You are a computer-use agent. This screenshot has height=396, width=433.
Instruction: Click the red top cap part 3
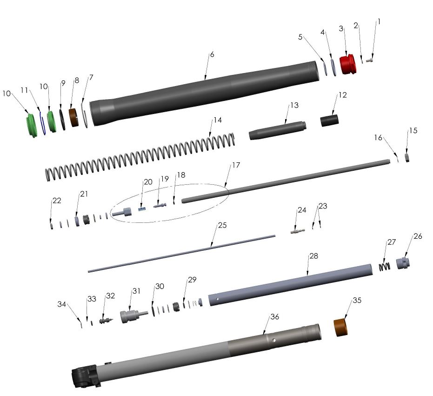click(x=347, y=65)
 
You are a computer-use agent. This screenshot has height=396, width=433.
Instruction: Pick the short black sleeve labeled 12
click(x=329, y=120)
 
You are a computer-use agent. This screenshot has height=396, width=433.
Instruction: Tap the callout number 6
click(x=212, y=54)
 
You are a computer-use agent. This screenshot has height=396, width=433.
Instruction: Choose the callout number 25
click(x=222, y=226)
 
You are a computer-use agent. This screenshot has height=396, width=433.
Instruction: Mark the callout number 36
click(x=274, y=316)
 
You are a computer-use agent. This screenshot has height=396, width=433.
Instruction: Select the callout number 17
click(x=236, y=165)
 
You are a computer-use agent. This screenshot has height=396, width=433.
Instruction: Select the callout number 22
click(x=56, y=201)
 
